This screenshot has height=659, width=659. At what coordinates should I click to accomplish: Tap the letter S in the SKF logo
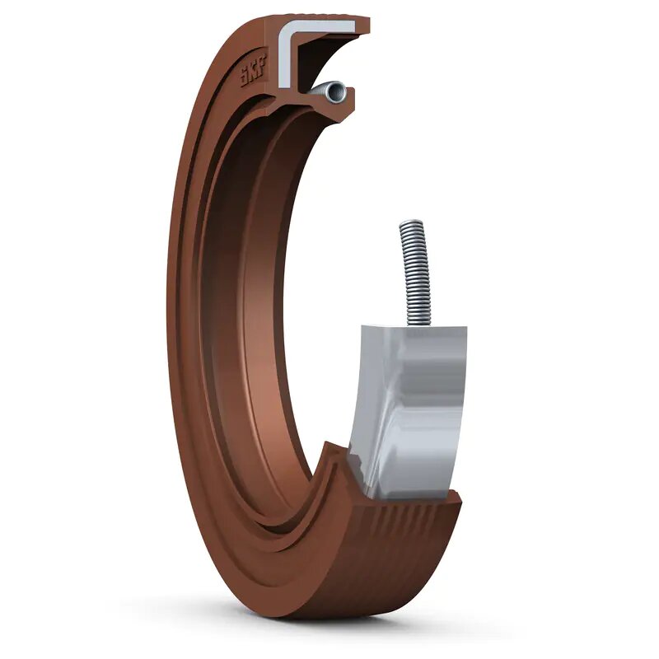click(245, 81)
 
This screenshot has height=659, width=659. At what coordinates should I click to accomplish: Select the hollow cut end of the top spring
click(332, 92)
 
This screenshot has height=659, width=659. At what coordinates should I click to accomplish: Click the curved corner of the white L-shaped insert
click(287, 35)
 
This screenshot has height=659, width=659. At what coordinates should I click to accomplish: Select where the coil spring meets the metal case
click(414, 324)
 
